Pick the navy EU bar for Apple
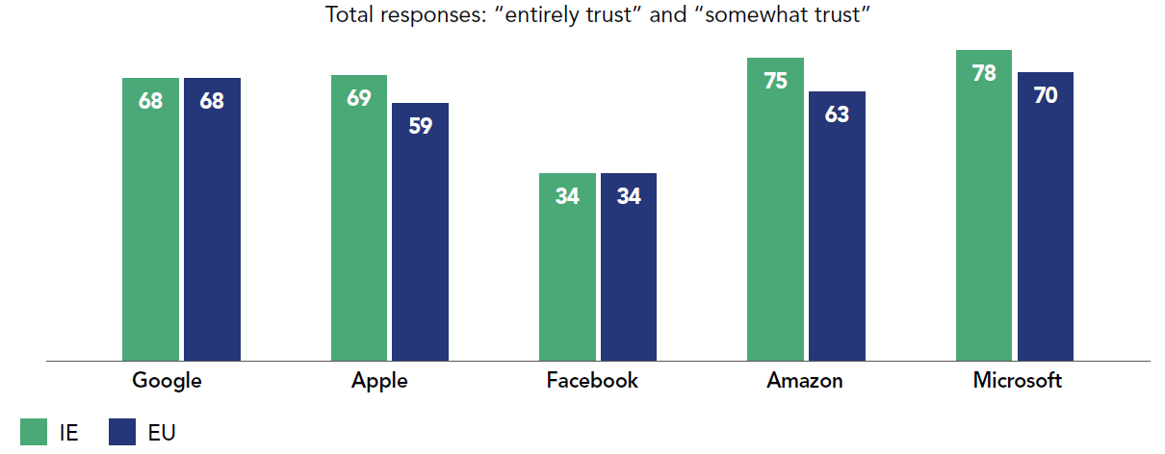point(420,232)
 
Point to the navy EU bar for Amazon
point(837,226)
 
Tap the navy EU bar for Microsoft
point(1045,216)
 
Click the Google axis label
point(167,381)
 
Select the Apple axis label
point(379,381)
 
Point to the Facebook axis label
point(592,381)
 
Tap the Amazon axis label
point(804,381)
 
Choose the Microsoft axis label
point(1017,381)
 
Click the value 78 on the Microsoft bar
point(983,73)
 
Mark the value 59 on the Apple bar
point(420,126)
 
